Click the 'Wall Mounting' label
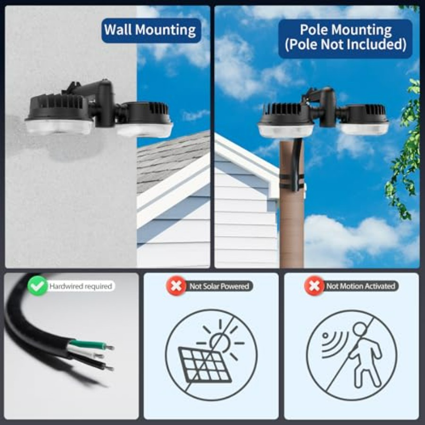pyautogui.click(x=151, y=30)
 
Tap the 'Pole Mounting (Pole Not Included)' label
pyautogui.click(x=345, y=38)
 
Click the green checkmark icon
pyautogui.click(x=37, y=286)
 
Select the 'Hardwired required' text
pyautogui.click(x=81, y=286)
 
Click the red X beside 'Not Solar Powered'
pyautogui.click(x=176, y=286)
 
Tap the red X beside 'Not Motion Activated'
pyautogui.click(x=314, y=286)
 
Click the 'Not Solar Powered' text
pyautogui.click(x=219, y=286)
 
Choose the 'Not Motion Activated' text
pyautogui.click(x=360, y=286)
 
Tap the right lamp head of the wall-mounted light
pyautogui.click(x=144, y=119)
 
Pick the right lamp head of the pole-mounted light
pyautogui.click(x=364, y=119)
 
